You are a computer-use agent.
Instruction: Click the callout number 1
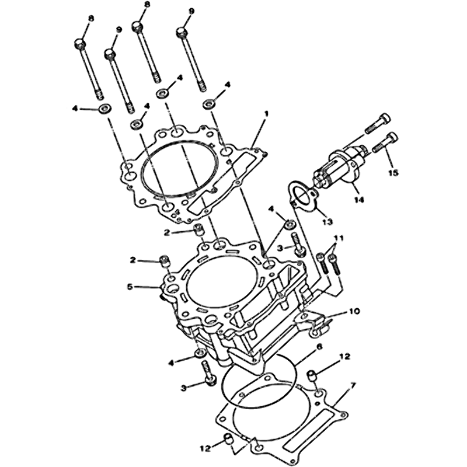coord(267,113)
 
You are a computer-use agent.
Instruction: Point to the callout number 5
coord(129,287)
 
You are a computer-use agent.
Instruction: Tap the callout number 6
coord(319,347)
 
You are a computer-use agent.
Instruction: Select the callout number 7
coord(353,386)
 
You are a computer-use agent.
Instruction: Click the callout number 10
coord(354,312)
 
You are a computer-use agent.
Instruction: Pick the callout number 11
coord(339,239)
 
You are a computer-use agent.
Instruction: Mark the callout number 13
coord(327,222)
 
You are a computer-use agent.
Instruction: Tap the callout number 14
coord(360,200)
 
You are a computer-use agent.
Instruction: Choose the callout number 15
coord(393,173)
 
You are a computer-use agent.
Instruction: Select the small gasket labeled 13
coord(302,197)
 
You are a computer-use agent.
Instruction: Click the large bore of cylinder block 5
coord(222,281)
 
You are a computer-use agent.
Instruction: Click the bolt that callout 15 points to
coord(384,142)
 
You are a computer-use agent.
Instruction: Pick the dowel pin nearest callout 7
coord(312,375)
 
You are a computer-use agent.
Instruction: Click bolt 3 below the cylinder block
coord(208,372)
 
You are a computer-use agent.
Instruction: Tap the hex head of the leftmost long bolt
coord(80,45)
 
